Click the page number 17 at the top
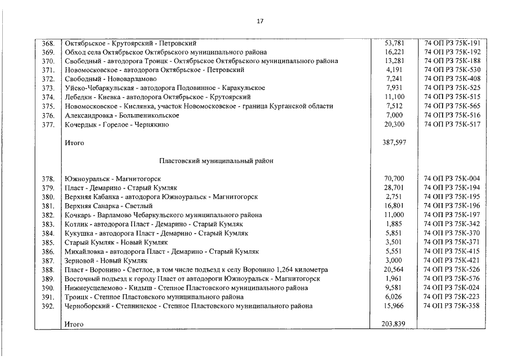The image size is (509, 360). (259, 21)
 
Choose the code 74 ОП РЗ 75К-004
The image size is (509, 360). (452, 179)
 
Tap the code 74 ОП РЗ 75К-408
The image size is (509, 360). (452, 79)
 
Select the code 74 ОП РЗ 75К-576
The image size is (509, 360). (452, 279)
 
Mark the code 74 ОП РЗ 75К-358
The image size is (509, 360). (452, 307)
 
